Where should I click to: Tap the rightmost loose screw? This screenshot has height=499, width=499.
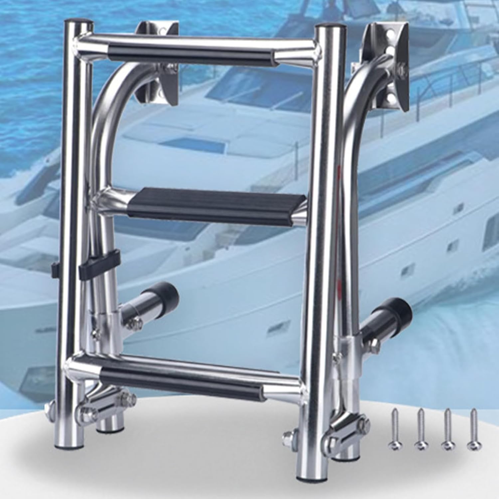pyautogui.click(x=473, y=429)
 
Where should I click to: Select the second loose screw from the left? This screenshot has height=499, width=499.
pyautogui.click(x=420, y=429)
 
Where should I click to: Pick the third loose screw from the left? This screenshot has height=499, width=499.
pyautogui.click(x=447, y=429)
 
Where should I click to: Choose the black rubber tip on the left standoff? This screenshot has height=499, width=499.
pyautogui.click(x=169, y=293)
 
